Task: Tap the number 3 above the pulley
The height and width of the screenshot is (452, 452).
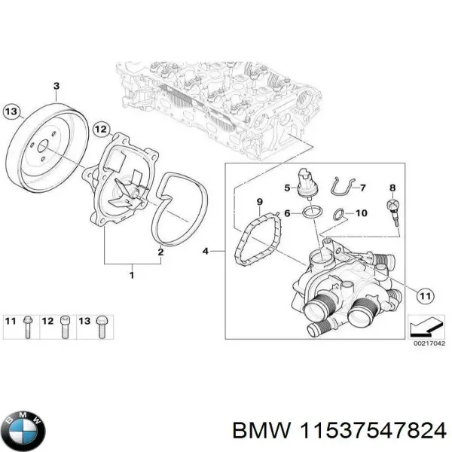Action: pyautogui.click(x=56, y=86)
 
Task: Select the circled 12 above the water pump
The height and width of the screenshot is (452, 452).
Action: pyautogui.click(x=101, y=130)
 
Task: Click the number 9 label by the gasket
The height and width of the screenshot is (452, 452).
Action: pyautogui.click(x=259, y=202)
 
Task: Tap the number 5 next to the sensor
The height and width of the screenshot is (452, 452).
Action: pyautogui.click(x=286, y=188)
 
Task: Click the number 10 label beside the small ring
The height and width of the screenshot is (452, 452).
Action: pyautogui.click(x=361, y=213)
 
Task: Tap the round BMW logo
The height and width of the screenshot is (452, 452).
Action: pyautogui.click(x=23, y=431)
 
